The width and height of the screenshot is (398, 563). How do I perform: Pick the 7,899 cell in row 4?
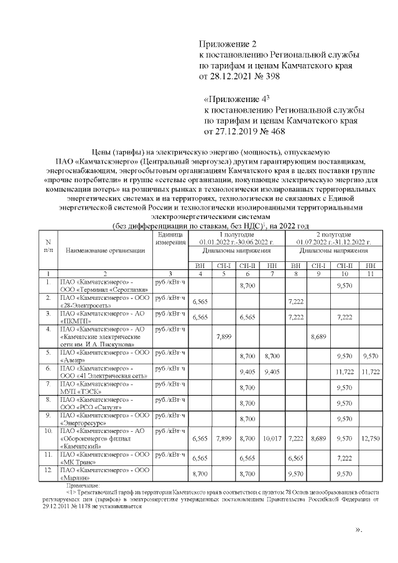[222, 337]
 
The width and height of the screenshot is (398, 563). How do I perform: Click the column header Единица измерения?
[170, 238]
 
